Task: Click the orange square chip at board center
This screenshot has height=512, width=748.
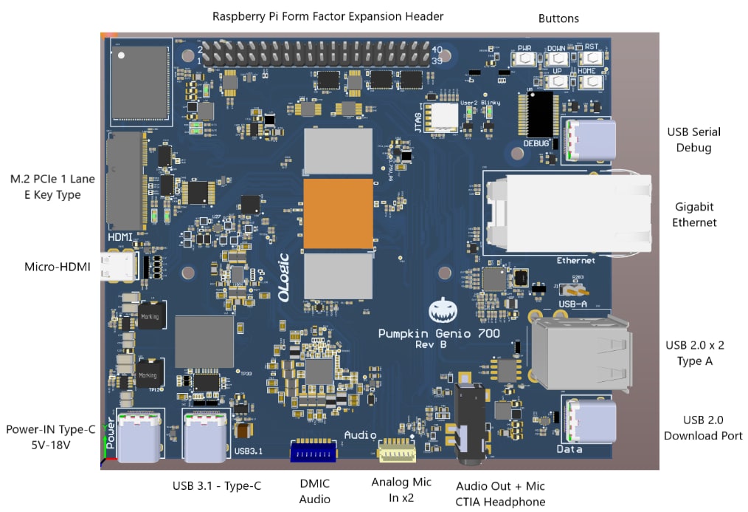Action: pos(338,213)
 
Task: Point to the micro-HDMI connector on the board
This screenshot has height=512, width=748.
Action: pos(119,267)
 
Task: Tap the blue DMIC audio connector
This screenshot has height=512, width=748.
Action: pos(314,451)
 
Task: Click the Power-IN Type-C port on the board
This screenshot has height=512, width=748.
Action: pos(139,437)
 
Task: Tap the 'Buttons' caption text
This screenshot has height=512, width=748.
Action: pos(558,18)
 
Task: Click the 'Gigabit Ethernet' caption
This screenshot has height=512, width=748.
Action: pos(693,214)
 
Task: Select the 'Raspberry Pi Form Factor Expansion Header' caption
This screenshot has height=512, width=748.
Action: pos(328,16)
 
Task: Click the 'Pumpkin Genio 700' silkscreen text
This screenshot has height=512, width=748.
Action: pos(439,333)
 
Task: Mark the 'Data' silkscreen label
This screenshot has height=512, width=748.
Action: pos(569,448)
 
